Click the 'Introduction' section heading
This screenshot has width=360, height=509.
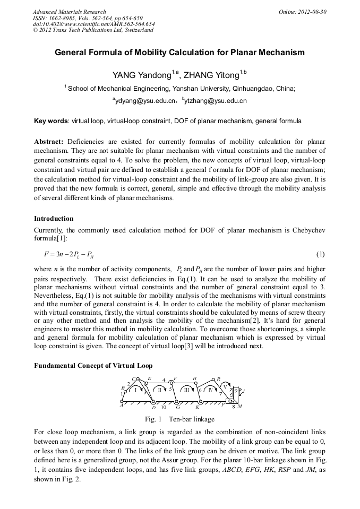pos(54,219)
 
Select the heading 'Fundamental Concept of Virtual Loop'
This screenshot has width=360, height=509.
pos(93,366)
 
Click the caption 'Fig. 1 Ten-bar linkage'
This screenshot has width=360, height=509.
pos(179,419)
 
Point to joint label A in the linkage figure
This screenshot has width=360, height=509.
pos(122,405)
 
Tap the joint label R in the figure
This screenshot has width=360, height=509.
pos(219,379)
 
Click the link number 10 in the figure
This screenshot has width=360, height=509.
pos(164,407)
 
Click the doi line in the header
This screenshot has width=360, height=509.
pos(93,24)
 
